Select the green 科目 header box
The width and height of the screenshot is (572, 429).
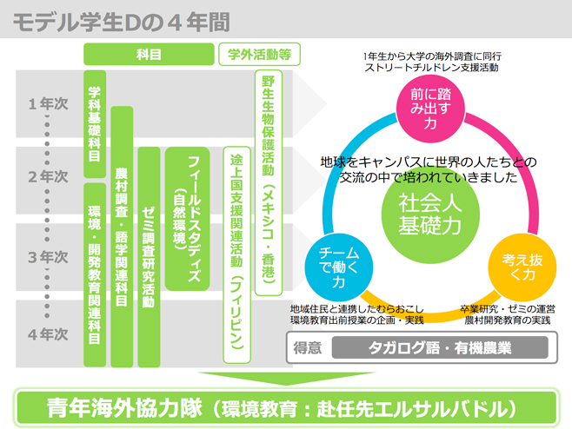point(149,54)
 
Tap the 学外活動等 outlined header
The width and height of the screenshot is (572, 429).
point(258,54)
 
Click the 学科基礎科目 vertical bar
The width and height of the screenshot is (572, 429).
point(94,123)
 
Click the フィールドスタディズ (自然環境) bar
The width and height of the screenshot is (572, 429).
point(187,217)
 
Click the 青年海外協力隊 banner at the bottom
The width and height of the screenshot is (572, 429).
point(285,406)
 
